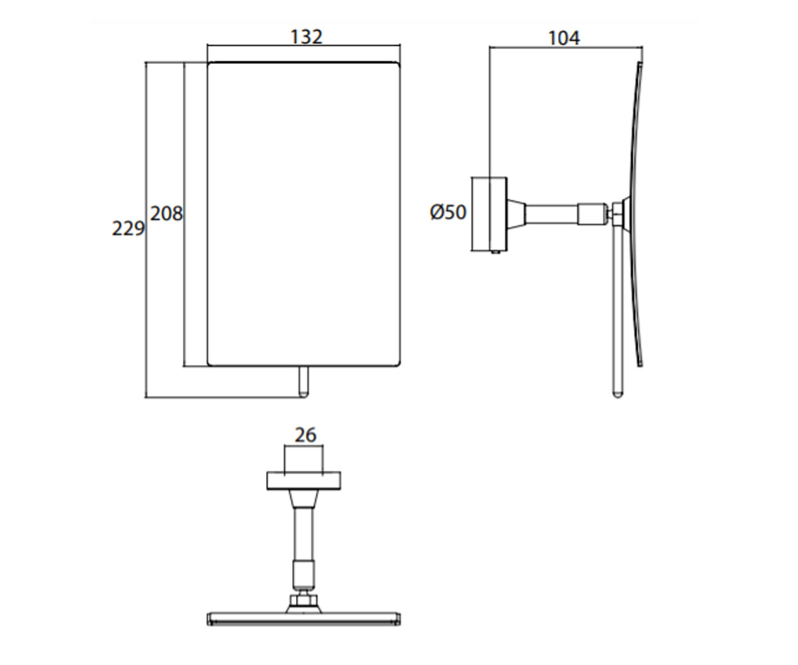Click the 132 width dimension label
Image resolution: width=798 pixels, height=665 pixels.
point(307,37)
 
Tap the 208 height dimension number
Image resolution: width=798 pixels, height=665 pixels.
point(166,213)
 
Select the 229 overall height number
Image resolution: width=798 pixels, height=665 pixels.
point(128,229)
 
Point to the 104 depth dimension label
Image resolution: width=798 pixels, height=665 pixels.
point(564,38)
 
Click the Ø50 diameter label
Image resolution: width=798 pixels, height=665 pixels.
point(448,212)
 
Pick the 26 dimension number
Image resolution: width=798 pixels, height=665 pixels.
point(306,435)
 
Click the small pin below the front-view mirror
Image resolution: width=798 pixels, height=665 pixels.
point(303,382)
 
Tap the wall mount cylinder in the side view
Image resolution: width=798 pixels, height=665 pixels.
point(489,214)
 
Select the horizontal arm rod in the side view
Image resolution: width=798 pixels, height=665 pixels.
point(552,214)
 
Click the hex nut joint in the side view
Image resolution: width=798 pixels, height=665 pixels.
point(616,214)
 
